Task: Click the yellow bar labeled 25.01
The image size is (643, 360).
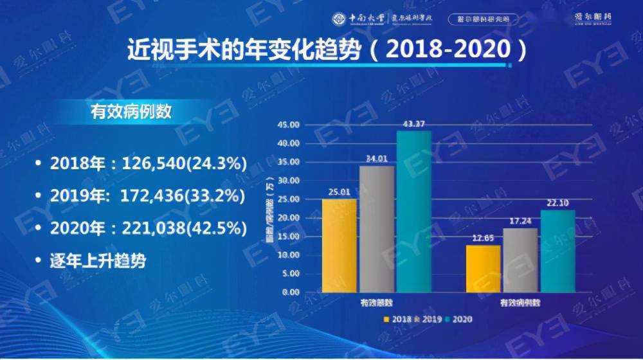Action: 339,245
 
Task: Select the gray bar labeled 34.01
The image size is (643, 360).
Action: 376,229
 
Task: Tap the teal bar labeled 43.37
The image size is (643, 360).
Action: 413,212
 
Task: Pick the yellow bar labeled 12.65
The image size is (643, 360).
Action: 483,268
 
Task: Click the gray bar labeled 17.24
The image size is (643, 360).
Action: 520,260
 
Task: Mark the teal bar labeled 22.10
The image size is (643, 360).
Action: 557,251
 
